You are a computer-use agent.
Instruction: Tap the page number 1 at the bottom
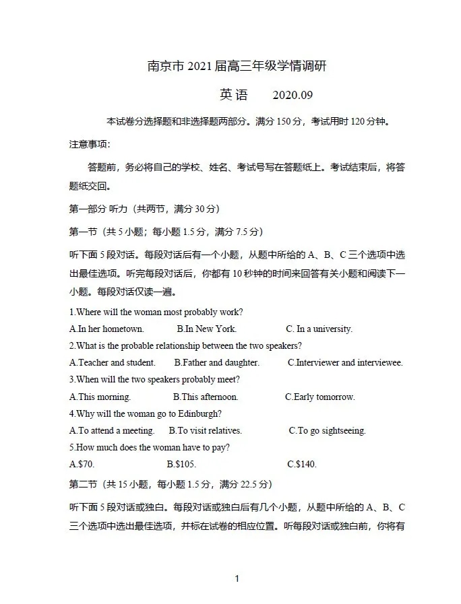(237, 578)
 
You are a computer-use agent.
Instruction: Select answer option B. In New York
(206, 329)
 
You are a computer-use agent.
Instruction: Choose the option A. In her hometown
(106, 329)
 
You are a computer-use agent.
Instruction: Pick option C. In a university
(319, 329)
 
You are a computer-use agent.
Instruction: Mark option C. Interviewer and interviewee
(345, 363)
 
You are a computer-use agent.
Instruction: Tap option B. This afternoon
(206, 397)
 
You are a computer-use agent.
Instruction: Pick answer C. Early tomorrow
(319, 397)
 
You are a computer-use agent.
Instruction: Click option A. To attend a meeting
(112, 430)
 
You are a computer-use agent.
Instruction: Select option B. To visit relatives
(205, 430)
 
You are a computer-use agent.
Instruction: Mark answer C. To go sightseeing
(327, 430)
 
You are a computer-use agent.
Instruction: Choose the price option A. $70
(82, 464)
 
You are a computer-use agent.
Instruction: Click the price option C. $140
(301, 464)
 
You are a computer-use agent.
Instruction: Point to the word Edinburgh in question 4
(199, 413)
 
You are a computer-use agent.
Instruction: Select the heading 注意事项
(89, 144)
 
